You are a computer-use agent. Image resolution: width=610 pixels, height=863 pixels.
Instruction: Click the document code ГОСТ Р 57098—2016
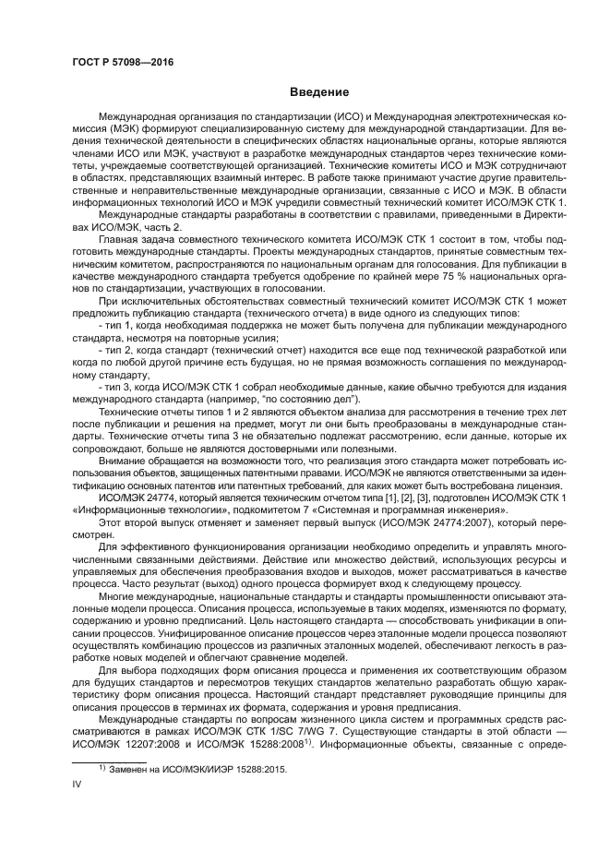pos(123,64)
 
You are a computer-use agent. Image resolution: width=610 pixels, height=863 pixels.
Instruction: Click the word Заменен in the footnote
pos(128,767)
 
